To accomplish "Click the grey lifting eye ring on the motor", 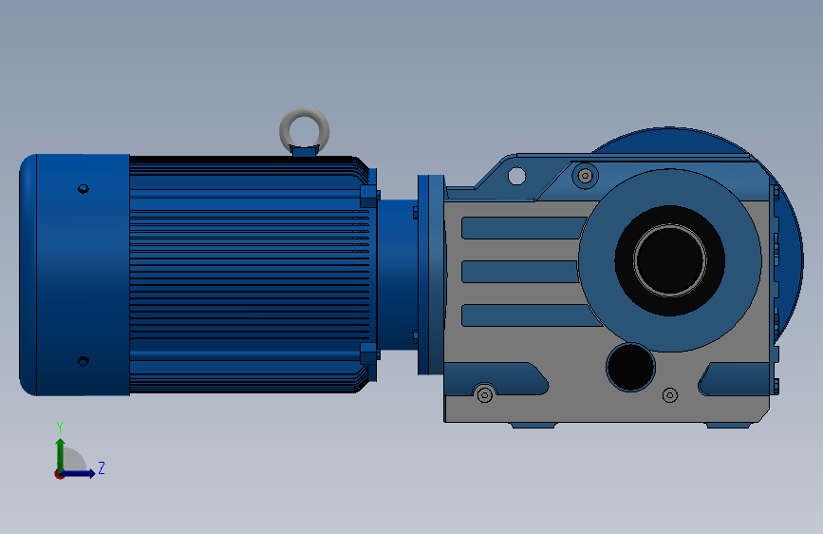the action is (x=305, y=111).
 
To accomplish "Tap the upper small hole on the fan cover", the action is (x=83, y=189).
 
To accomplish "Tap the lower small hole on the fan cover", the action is (x=83, y=361).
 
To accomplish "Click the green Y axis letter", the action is (x=60, y=428).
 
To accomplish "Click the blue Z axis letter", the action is (x=102, y=467).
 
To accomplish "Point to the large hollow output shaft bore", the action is (x=670, y=260).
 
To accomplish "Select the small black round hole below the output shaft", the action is (x=630, y=368).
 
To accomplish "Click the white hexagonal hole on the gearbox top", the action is (x=517, y=176).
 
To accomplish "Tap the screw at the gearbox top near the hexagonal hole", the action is (x=586, y=176).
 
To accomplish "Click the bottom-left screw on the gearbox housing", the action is (x=484, y=394).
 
